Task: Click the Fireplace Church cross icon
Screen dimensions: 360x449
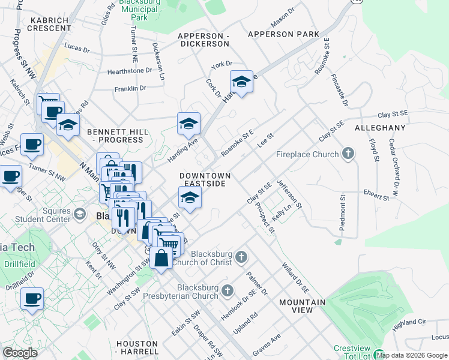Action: (x=348, y=154)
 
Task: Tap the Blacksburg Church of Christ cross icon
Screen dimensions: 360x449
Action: (x=241, y=257)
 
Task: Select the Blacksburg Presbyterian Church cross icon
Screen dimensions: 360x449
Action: (x=227, y=292)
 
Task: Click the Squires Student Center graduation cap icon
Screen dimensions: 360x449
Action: (x=79, y=214)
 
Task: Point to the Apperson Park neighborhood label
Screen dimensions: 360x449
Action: (x=283, y=34)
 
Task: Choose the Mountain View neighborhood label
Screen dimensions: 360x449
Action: (x=302, y=306)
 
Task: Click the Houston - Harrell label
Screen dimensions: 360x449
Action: (x=137, y=347)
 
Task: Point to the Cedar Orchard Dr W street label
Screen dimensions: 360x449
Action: (x=394, y=169)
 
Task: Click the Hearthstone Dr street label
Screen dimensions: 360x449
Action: (x=130, y=71)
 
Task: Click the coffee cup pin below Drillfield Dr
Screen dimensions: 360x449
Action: (x=32, y=298)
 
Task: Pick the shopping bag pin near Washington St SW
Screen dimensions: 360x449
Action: (x=161, y=259)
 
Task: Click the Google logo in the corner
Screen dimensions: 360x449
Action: (x=20, y=353)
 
